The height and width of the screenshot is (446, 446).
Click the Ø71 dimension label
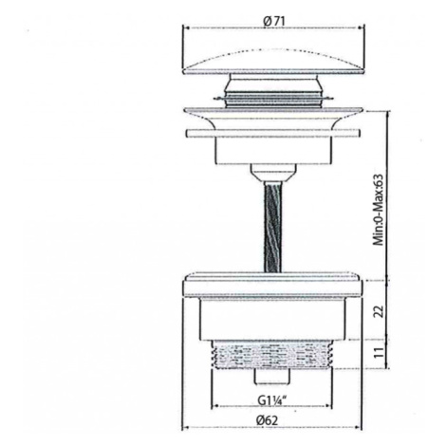click(x=274, y=21)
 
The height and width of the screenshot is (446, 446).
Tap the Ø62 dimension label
click(x=268, y=420)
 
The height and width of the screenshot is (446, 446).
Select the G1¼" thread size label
click(x=271, y=400)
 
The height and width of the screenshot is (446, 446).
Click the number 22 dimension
click(x=379, y=311)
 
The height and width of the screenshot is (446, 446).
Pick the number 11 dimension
click(x=379, y=353)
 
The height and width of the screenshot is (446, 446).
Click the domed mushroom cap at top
click(x=272, y=63)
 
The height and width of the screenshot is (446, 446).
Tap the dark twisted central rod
click(x=272, y=226)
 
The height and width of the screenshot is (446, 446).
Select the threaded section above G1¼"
click(x=272, y=355)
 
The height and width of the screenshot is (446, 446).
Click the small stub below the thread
click(x=272, y=377)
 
